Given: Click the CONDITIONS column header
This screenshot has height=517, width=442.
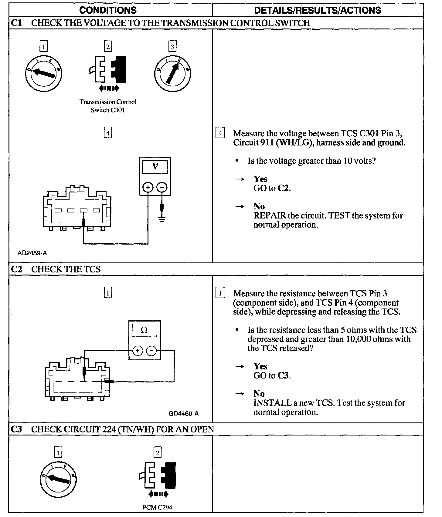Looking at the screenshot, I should coord(108,10).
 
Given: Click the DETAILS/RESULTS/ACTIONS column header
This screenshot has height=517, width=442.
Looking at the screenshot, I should coord(317,10).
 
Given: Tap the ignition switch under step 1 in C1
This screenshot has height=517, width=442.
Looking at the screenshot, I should coord(44,72).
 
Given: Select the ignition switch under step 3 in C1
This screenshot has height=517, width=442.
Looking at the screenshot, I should coord(172,72).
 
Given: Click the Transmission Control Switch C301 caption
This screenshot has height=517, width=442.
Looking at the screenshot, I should coord(108,106).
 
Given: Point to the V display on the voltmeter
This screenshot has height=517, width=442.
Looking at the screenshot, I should coord(155,166).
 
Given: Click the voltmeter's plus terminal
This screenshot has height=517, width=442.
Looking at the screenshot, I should coord(148,188).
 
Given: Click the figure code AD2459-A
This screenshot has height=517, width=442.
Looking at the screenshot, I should coord(32,253).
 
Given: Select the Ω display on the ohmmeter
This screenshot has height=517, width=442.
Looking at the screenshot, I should coord(144,330).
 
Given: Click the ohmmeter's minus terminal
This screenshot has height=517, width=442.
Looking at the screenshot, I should coord(151,351).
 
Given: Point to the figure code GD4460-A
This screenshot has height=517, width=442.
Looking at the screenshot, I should coord(184,413).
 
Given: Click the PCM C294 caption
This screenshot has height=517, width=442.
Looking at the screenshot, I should coord(157,507).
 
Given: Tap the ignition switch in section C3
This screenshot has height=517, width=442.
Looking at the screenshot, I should coord(58,479).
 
